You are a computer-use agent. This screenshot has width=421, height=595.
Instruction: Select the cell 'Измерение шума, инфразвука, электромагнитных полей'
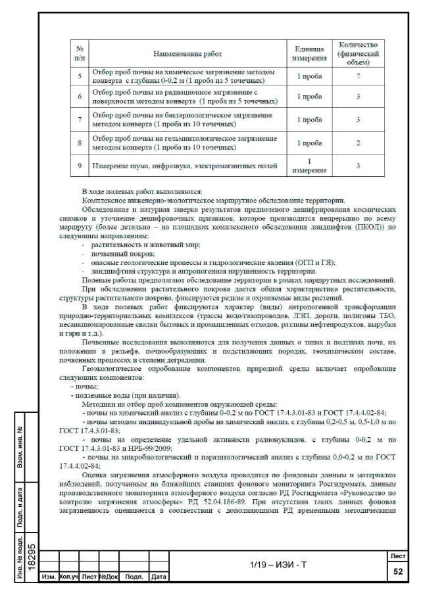[x=185, y=166]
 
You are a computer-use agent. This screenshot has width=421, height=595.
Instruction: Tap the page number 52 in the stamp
[x=398, y=572]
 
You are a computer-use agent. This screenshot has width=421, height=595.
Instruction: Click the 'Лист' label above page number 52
[x=398, y=556]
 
